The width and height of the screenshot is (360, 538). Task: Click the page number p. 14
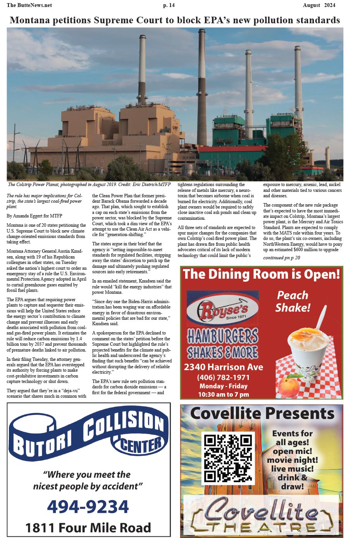tap(169, 5)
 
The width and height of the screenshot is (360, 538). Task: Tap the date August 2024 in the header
tap(319, 5)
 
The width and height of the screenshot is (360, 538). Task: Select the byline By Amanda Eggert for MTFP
tap(34, 216)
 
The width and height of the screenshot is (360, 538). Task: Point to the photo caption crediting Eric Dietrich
tap(89, 185)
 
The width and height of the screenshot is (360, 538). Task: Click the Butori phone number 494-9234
tap(88, 506)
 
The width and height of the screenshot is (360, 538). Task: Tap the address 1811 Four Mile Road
tap(88, 528)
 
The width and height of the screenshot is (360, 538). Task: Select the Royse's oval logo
tap(223, 309)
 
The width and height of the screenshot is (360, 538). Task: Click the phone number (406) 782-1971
tap(223, 377)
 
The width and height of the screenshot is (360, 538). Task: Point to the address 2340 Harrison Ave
tap(224, 367)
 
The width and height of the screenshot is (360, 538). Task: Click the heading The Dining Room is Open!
tap(262, 274)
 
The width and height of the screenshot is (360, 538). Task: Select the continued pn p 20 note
tap(282, 257)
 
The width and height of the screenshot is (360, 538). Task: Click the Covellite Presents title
tap(262, 414)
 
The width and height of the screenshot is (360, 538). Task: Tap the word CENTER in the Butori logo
tap(142, 445)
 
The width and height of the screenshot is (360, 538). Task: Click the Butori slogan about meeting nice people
tap(88, 480)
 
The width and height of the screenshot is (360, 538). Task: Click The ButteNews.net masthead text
tap(29, 5)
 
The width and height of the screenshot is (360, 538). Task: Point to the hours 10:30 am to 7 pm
tap(224, 395)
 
